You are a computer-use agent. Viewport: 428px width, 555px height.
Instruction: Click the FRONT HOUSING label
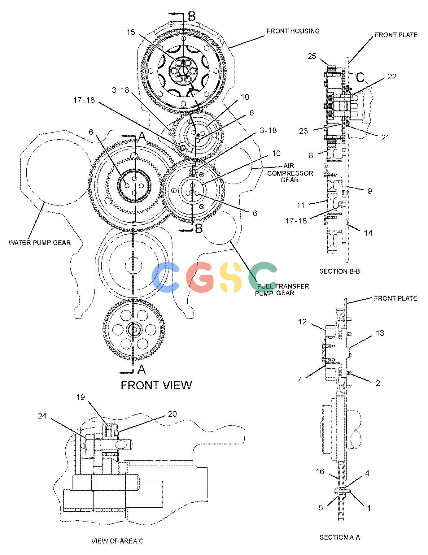pyautogui.click(x=293, y=31)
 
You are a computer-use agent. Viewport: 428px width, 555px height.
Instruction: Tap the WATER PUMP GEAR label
pyautogui.click(x=40, y=243)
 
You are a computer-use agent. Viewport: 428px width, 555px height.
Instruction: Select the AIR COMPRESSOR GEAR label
pyautogui.click(x=290, y=173)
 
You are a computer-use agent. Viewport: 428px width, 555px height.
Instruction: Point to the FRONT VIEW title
pyautogui.click(x=156, y=385)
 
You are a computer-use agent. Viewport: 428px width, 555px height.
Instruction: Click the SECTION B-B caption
pyautogui.click(x=339, y=271)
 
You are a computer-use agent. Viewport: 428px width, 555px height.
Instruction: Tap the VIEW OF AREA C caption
pyautogui.click(x=117, y=541)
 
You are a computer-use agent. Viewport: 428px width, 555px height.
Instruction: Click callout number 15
pyautogui.click(x=131, y=32)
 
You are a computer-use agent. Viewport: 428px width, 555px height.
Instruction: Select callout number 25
pyautogui.click(x=312, y=56)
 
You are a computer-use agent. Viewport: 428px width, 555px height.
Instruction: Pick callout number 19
pyautogui.click(x=81, y=397)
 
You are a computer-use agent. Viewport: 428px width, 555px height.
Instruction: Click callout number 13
pyautogui.click(x=380, y=333)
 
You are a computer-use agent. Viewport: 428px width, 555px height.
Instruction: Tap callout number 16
pyautogui.click(x=320, y=471)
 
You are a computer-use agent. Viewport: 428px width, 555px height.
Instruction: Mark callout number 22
pyautogui.click(x=392, y=76)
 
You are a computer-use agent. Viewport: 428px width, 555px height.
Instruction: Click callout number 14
pyautogui.click(x=368, y=233)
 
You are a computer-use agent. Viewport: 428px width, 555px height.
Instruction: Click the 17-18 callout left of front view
pyautogui.click(x=84, y=100)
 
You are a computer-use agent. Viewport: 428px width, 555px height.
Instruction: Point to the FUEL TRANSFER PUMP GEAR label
pyautogui.click(x=282, y=289)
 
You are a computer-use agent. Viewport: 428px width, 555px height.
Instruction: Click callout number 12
pyautogui.click(x=302, y=322)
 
